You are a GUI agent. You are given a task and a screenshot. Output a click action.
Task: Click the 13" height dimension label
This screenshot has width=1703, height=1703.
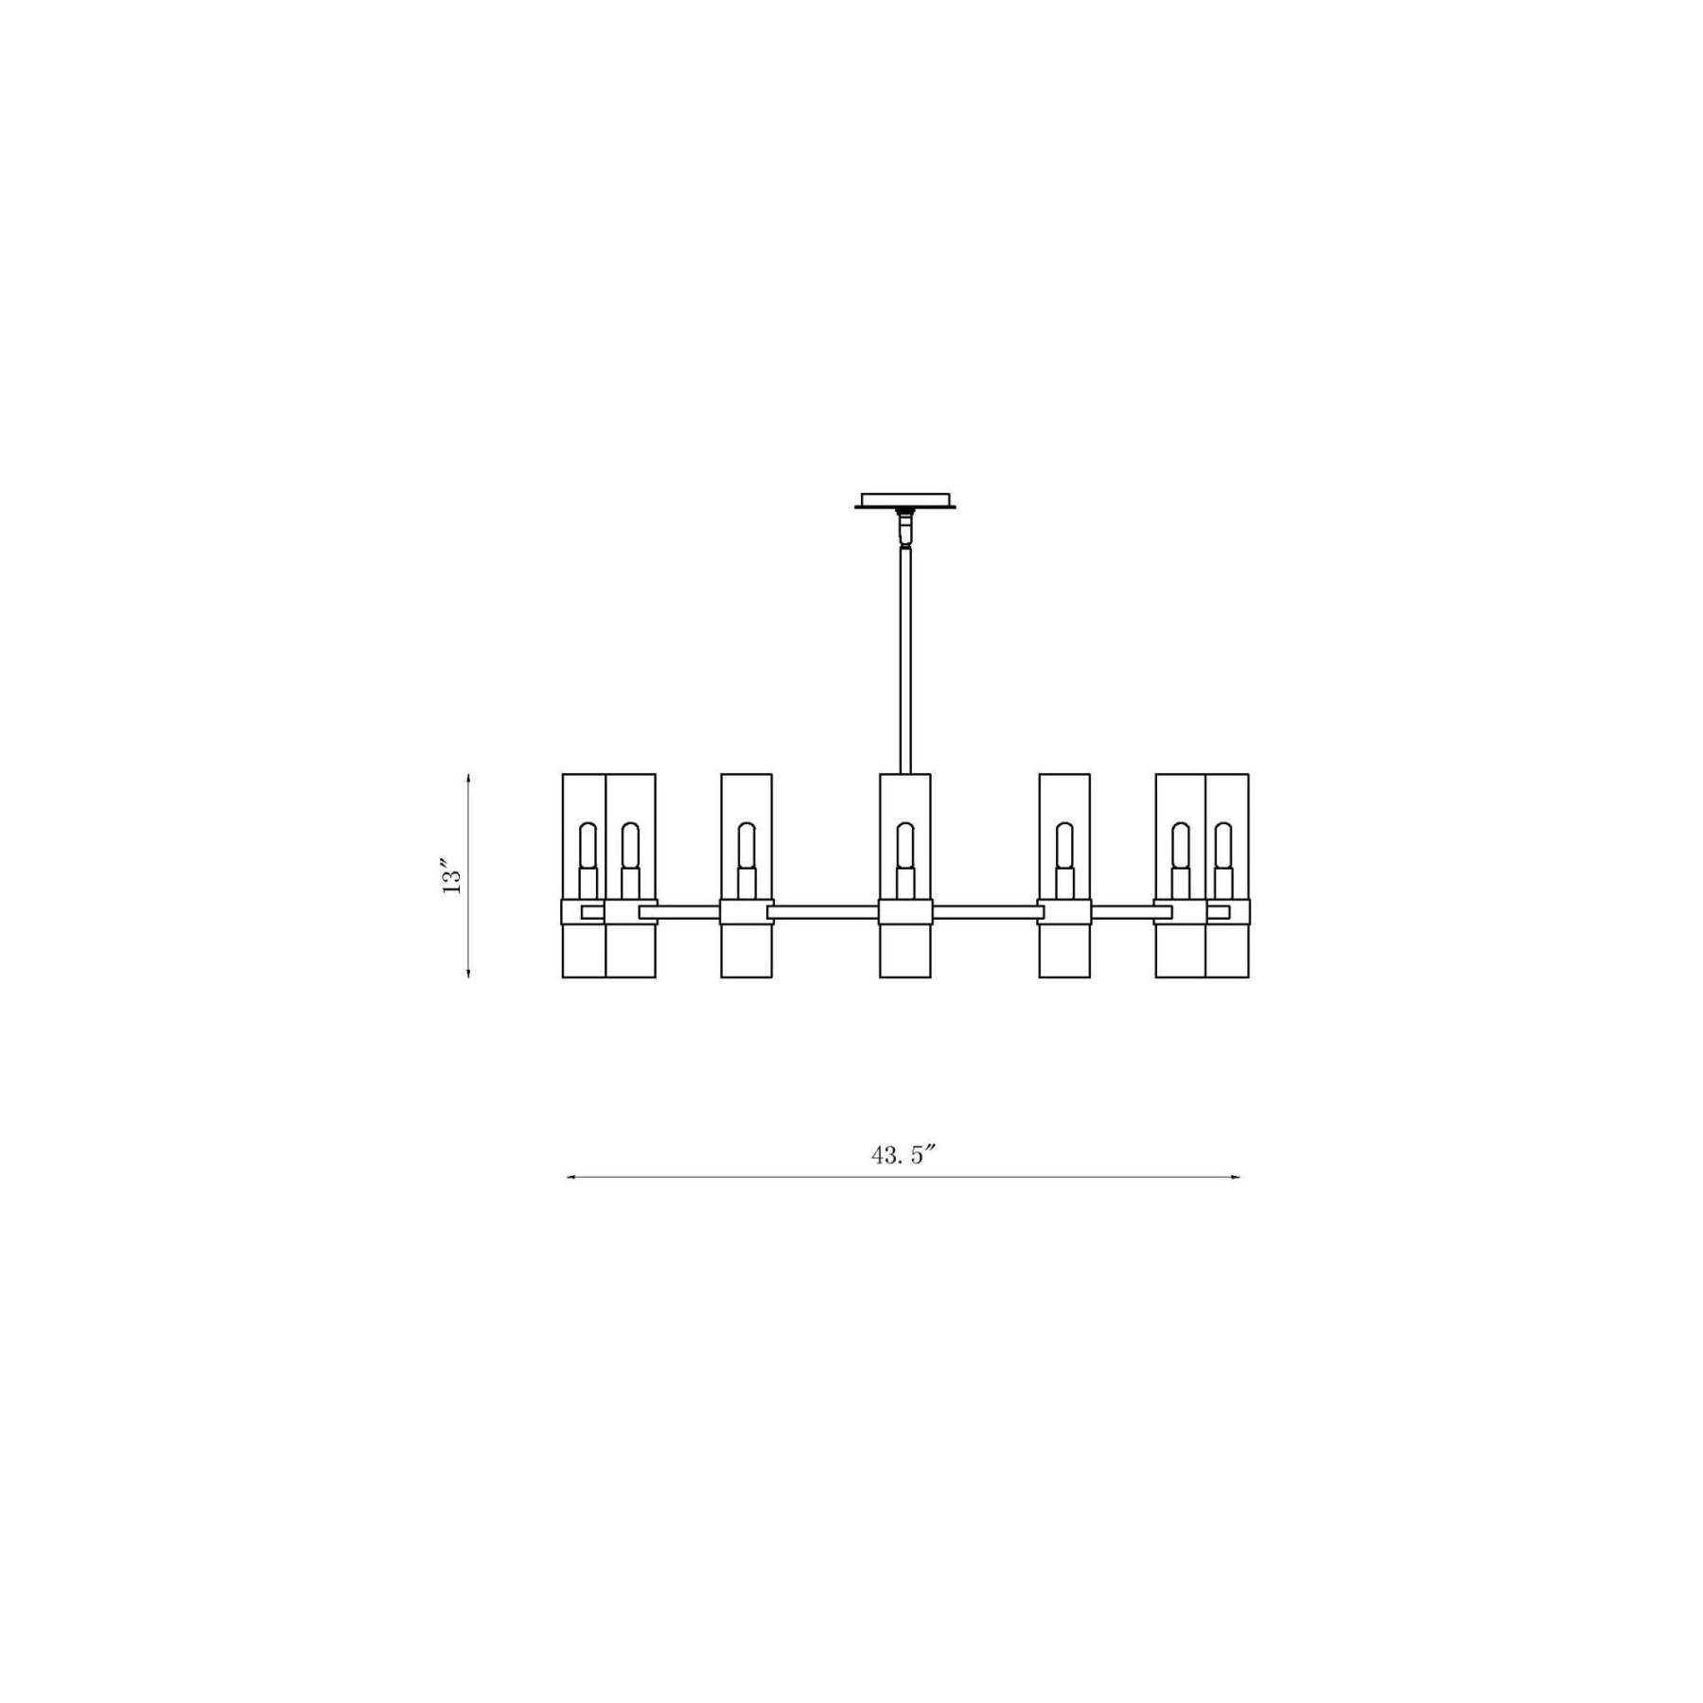click(451, 877)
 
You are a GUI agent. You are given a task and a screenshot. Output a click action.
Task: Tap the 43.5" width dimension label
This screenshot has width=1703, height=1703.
click(904, 1155)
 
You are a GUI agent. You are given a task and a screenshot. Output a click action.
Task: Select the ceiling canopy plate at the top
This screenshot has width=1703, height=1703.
click(905, 500)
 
